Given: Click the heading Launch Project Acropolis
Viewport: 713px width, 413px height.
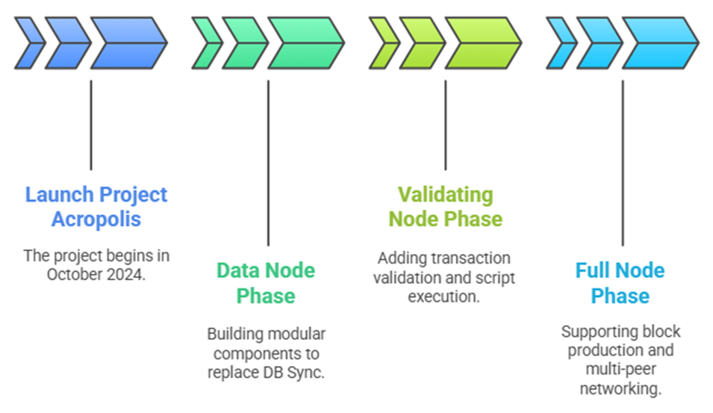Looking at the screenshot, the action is tap(96, 207).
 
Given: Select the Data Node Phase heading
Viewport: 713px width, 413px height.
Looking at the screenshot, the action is tap(266, 283).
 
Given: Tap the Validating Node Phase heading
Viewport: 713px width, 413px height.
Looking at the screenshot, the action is tap(446, 207).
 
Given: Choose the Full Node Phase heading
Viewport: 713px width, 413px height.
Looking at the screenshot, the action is tap(620, 283).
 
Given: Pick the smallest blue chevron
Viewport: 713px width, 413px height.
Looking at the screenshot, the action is tap(31, 43).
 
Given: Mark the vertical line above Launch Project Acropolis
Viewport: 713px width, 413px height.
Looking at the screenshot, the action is tap(91, 125).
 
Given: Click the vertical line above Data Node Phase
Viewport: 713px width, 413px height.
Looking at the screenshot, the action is tap(268, 164).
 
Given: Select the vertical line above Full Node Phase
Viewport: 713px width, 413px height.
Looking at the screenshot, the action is tap(623, 164).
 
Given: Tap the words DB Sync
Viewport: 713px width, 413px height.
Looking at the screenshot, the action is tap(293, 373).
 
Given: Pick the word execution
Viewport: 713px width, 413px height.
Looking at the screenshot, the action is tap(443, 296).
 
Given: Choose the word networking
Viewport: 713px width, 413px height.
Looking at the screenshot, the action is tap(620, 389).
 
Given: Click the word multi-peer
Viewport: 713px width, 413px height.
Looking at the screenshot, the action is tap(620, 369).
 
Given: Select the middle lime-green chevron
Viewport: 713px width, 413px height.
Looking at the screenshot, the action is tap(423, 43).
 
